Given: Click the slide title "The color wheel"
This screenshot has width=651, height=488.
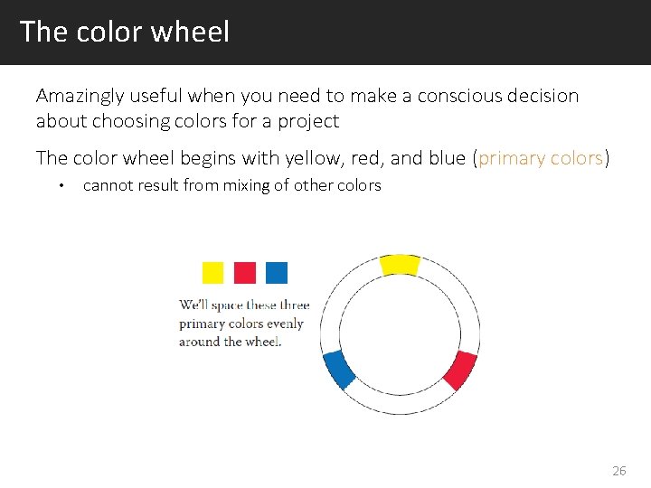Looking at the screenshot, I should (125, 32).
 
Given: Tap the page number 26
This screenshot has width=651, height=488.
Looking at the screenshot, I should (619, 470).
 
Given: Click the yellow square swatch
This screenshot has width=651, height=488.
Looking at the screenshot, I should (212, 272).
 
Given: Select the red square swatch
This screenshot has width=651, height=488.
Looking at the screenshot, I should (245, 272).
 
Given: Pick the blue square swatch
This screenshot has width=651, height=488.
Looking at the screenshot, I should (277, 272).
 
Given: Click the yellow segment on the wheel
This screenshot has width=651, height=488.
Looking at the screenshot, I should (400, 264).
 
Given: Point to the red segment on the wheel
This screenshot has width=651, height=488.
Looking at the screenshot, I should (460, 370).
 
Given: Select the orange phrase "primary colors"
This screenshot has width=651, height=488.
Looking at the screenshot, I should (541, 158).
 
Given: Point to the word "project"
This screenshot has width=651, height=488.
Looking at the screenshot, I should (308, 121).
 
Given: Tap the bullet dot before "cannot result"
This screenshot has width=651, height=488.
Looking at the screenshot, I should (60, 186).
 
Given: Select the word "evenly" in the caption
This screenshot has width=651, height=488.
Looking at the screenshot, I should (285, 324).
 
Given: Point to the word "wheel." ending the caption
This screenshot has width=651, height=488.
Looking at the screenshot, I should (263, 342).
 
